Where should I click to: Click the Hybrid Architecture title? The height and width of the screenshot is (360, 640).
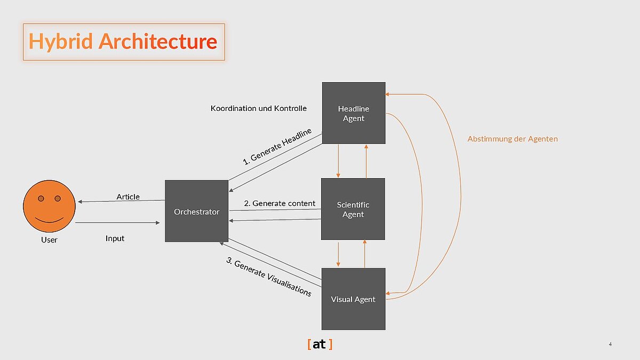coord(123,42)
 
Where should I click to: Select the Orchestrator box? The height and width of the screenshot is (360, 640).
coord(196,211)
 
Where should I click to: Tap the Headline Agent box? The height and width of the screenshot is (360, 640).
coord(354,113)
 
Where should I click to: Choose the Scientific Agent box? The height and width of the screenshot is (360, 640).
coord(353,209)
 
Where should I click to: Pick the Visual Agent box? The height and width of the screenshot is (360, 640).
coord(353,299)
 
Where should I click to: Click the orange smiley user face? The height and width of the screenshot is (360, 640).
coord(49,205)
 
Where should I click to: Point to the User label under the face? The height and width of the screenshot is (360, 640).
coord(49,240)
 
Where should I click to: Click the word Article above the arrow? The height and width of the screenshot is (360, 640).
coord(128,197)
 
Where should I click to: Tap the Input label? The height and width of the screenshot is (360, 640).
coord(115,238)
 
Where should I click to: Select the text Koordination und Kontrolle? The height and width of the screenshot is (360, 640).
coord(259,108)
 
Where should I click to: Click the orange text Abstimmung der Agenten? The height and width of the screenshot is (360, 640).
coord(513,139)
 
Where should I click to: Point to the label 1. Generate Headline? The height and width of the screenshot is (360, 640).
coord(277,146)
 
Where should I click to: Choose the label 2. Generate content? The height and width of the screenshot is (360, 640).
coord(279,203)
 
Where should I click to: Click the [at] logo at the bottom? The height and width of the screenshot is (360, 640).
coord(319,345)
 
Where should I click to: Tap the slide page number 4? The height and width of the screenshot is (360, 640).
coord(610,345)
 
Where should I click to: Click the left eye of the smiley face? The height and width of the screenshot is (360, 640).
coord(41,199)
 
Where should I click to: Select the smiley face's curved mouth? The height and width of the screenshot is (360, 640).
coord(49,219)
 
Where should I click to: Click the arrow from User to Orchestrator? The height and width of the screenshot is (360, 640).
coord(117,223)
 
